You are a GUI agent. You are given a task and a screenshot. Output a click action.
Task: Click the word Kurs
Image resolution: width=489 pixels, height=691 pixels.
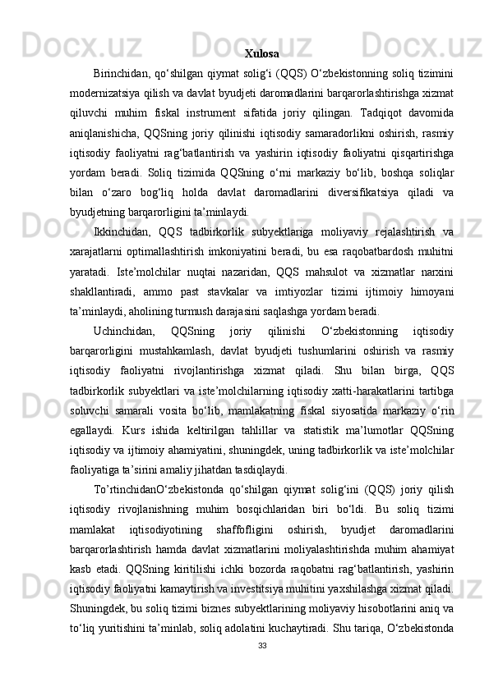(x=144, y=428)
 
